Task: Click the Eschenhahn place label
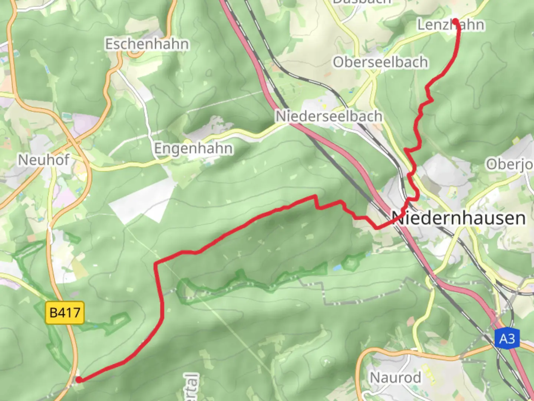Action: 147,44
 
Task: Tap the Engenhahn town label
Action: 193,149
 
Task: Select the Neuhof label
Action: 44,160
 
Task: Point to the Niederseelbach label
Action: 329,116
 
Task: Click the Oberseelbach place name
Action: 380,62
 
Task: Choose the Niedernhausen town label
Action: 459,218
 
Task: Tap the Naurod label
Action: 396,378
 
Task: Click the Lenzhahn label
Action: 451,25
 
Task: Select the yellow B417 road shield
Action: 65,313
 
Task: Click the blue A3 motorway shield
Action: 507,339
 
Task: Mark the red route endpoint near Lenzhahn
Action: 455,21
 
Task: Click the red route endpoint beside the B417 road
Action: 79,379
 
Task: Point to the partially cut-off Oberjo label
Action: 510,164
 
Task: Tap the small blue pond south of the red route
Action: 337,267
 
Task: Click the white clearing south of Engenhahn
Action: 141,202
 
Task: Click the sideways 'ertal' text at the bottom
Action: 192,387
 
